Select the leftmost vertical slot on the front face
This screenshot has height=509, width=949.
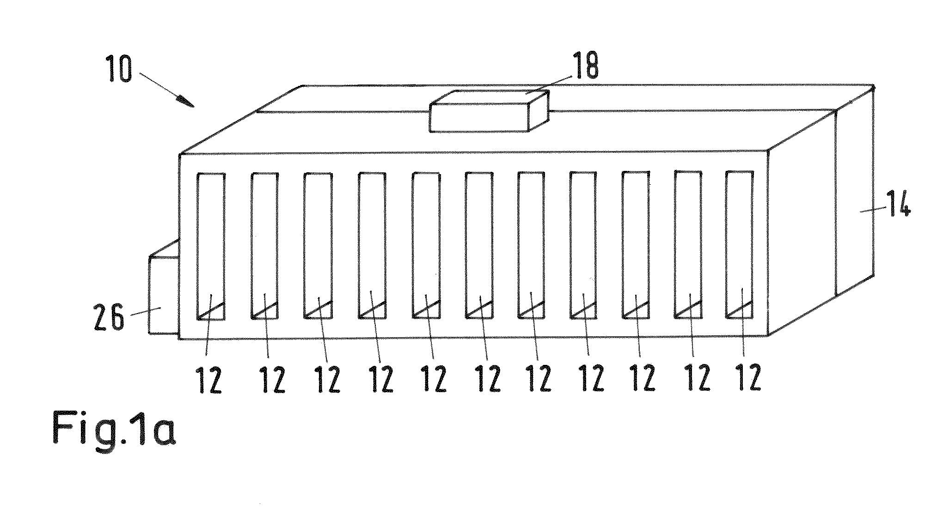tap(211, 246)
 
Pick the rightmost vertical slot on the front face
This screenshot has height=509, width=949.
tap(739, 244)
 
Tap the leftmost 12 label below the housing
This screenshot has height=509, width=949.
tap(209, 380)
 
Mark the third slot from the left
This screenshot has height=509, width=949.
tap(318, 246)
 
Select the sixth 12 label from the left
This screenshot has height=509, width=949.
tap(488, 379)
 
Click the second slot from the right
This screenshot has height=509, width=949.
tap(688, 244)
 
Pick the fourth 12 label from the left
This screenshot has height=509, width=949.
tap(380, 380)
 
